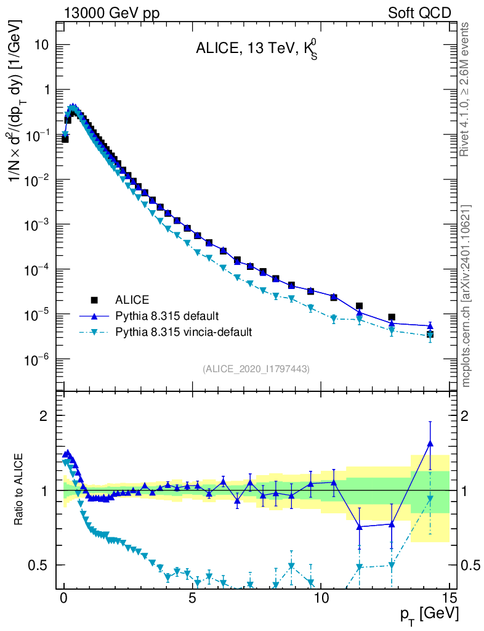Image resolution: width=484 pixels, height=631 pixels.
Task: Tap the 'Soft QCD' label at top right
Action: click(419, 13)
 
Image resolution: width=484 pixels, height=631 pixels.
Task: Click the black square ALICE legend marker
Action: click(95, 300)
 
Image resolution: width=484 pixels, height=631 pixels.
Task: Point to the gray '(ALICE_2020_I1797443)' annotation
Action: click(256, 368)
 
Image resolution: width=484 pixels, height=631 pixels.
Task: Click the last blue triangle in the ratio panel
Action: click(430, 443)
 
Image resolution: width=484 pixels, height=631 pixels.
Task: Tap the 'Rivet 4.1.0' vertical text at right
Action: click(466, 89)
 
